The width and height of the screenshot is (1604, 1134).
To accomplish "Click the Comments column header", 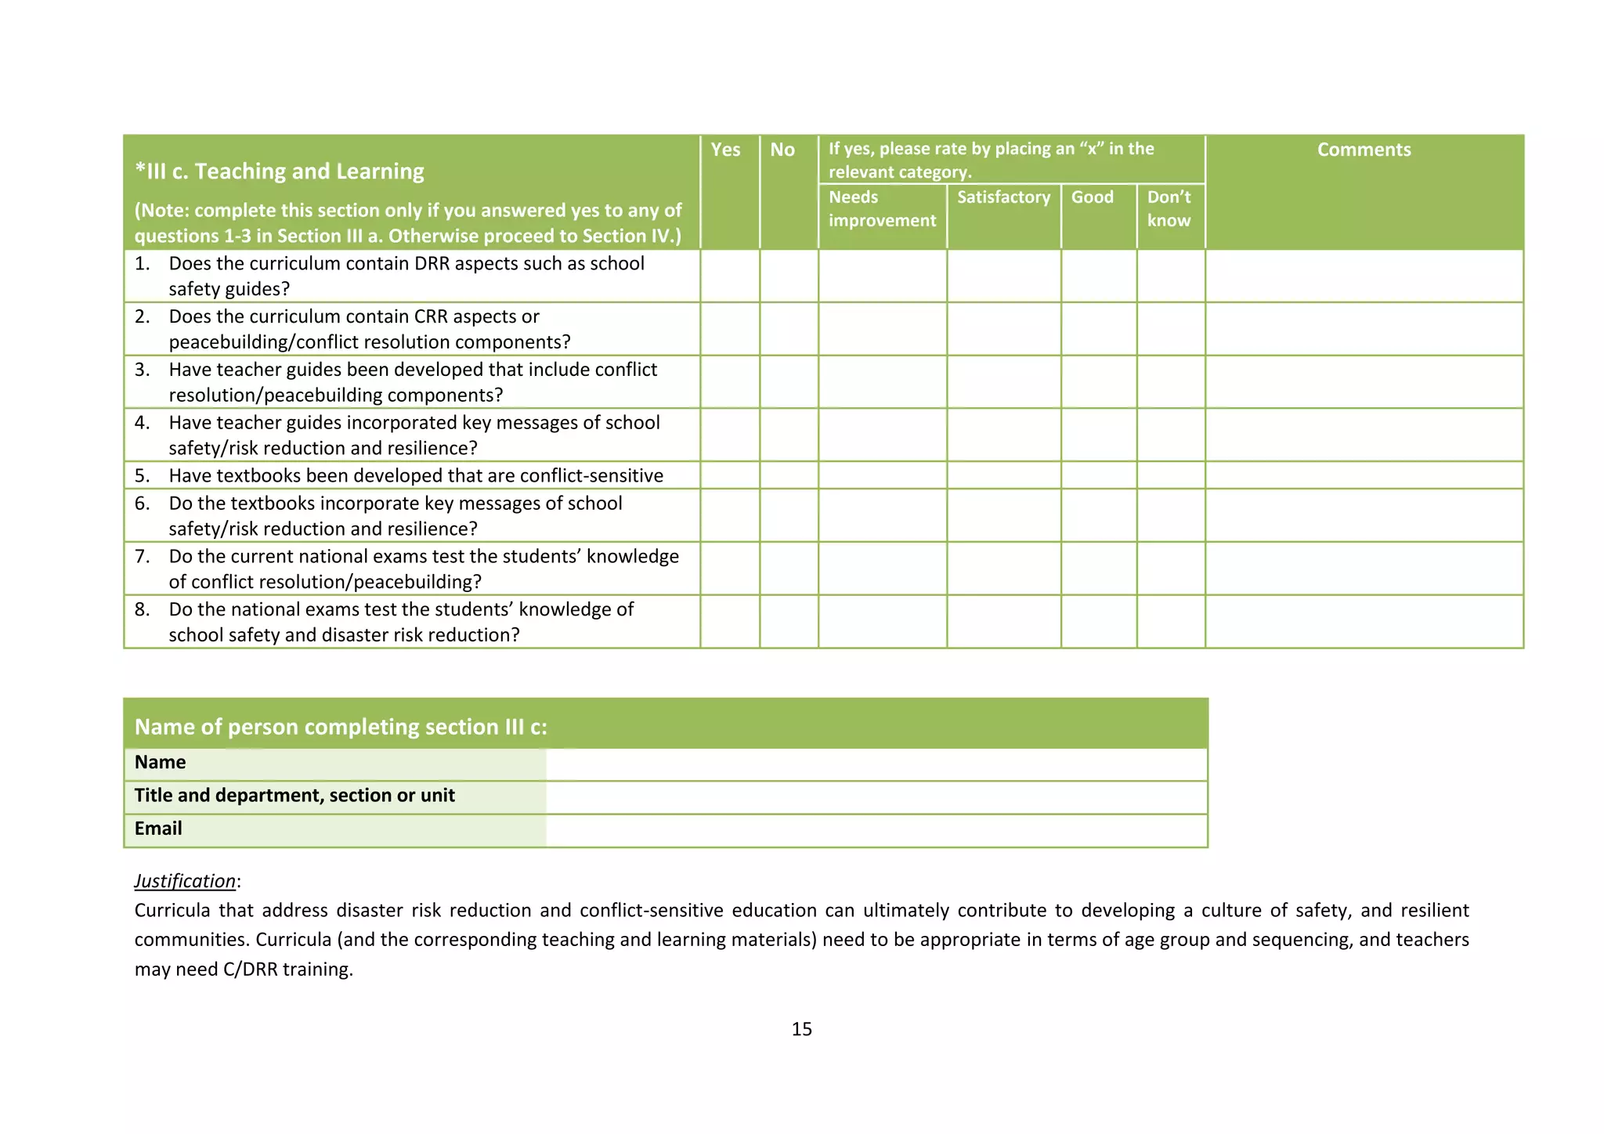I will pyautogui.click(x=1364, y=150).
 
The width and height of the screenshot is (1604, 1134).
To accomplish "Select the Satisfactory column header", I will pyautogui.click(x=1003, y=197).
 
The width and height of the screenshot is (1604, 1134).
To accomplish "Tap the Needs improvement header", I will pyautogui.click(x=882, y=209).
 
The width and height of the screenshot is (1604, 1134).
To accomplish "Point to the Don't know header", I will pyautogui.click(x=1169, y=209).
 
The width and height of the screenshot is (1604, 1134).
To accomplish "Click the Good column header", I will pyautogui.click(x=1092, y=197).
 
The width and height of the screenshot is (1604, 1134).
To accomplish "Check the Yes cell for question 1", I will pyautogui.click(x=729, y=276).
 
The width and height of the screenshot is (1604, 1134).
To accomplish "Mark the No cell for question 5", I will pyautogui.click(x=789, y=475).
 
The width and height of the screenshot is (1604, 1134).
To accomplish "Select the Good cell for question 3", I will pyautogui.click(x=1099, y=382).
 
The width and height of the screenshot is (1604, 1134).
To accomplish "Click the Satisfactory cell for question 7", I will pyautogui.click(x=1003, y=569).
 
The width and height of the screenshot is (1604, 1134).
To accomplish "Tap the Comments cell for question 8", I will pyautogui.click(x=1364, y=622).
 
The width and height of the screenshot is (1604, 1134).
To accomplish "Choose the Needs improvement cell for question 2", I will pyautogui.click(x=882, y=329).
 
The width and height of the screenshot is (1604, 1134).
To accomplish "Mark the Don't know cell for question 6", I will pyautogui.click(x=1170, y=515).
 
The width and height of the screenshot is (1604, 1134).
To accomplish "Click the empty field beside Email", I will pyautogui.click(x=876, y=830).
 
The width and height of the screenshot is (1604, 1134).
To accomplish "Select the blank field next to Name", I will pyautogui.click(x=876, y=764).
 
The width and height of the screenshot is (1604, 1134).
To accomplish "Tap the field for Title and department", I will pyautogui.click(x=876, y=797).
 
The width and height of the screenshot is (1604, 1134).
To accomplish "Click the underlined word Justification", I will pyautogui.click(x=185, y=881).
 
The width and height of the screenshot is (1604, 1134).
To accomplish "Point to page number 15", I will pyautogui.click(x=801, y=1029).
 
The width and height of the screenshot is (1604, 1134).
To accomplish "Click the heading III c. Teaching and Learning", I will pyautogui.click(x=280, y=171).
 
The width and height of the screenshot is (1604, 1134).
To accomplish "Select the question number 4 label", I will pyautogui.click(x=142, y=423).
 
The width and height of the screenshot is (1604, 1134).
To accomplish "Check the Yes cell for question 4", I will pyautogui.click(x=729, y=435).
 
